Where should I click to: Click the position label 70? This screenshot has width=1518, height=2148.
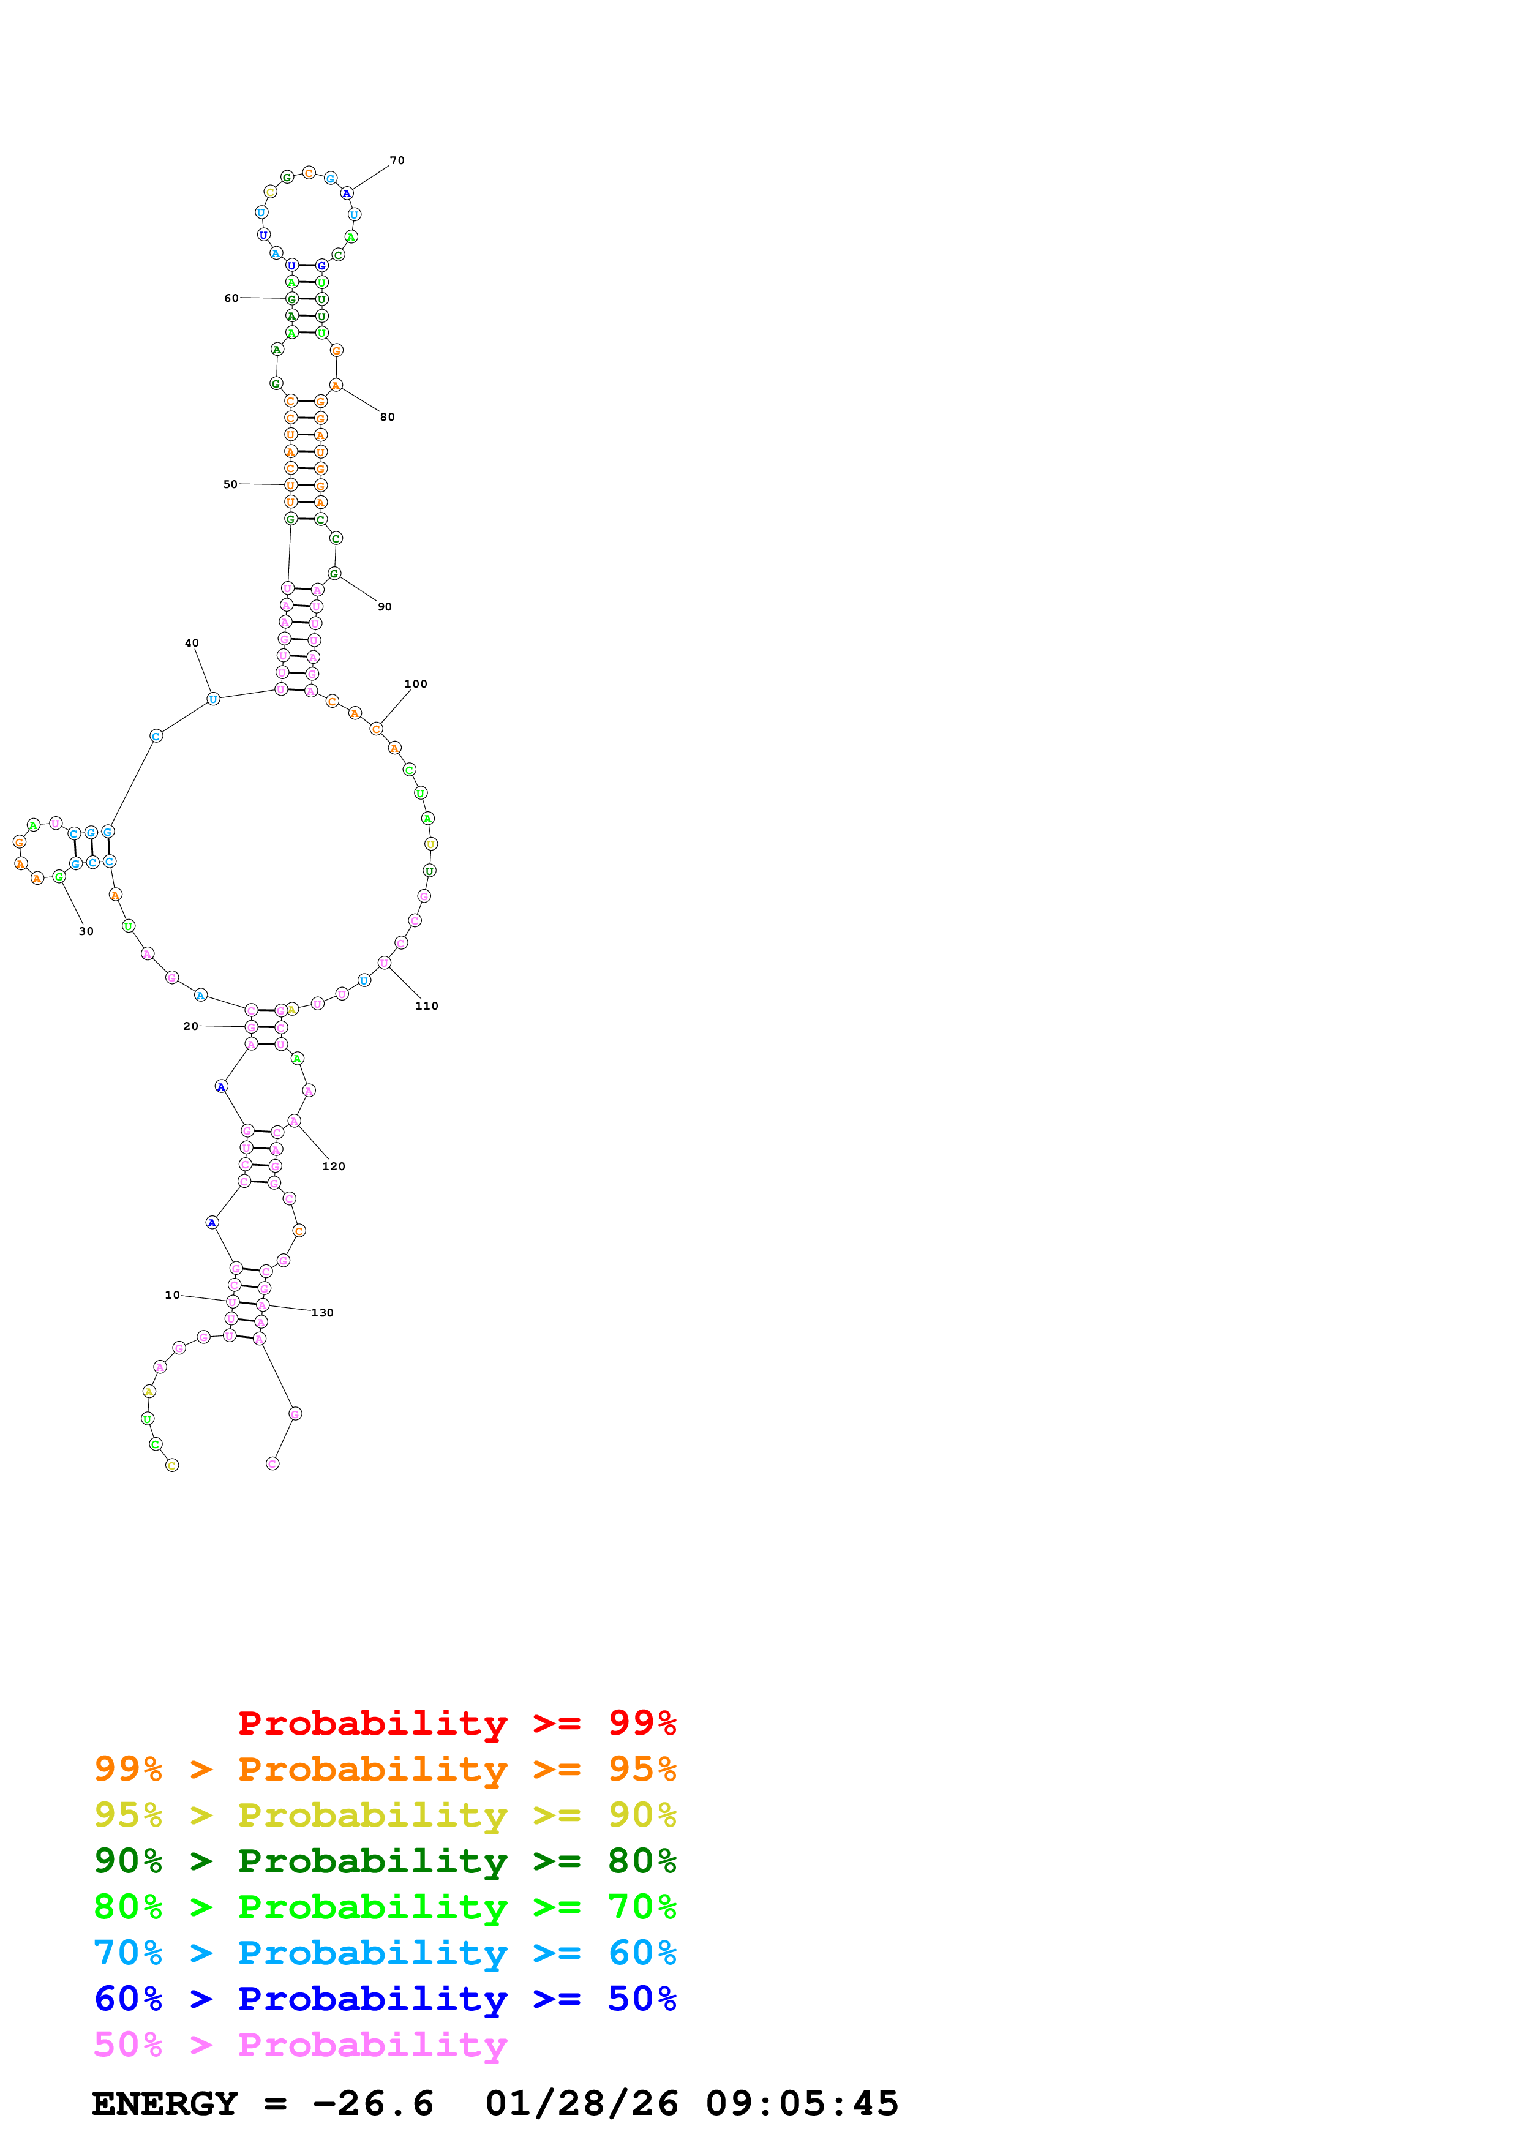pyautogui.click(x=397, y=161)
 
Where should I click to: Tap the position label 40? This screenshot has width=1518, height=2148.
pyautogui.click(x=192, y=643)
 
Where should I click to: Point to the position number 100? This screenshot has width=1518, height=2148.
pyautogui.click(x=415, y=684)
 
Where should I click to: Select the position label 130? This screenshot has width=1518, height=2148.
pyautogui.click(x=323, y=1313)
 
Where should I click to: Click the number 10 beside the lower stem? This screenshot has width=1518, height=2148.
pyautogui.click(x=172, y=1295)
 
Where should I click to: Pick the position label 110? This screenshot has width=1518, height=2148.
pyautogui.click(x=427, y=1005)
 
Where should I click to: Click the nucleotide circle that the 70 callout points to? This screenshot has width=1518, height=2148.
pyautogui.click(x=347, y=193)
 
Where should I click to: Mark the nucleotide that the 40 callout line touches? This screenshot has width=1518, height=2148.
pyautogui.click(x=213, y=699)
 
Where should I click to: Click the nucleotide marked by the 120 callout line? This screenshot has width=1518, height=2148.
pyautogui.click(x=295, y=1121)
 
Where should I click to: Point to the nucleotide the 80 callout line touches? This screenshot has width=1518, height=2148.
pyautogui.click(x=336, y=385)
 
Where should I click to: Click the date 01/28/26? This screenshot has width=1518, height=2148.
pyautogui.click(x=581, y=2103)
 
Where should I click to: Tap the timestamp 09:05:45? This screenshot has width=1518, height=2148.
pyautogui.click(x=802, y=2103)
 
